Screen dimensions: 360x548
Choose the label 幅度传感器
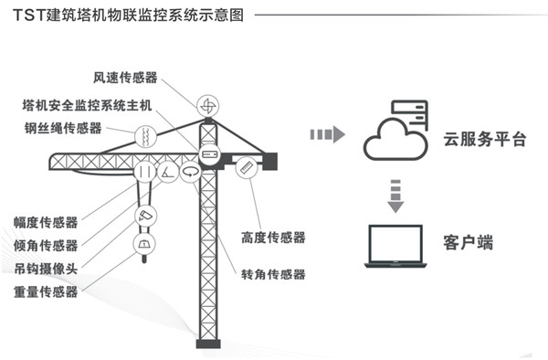(x=46, y=221)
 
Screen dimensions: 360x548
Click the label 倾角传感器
(x=46, y=245)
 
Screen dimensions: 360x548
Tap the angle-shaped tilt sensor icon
(x=168, y=171)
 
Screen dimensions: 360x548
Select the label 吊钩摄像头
(x=46, y=269)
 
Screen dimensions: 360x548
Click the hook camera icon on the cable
(x=145, y=216)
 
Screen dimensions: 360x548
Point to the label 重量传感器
(x=46, y=292)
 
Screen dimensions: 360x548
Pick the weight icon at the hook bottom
(x=144, y=244)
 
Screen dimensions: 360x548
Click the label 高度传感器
(x=273, y=238)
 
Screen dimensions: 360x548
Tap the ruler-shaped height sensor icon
(x=247, y=169)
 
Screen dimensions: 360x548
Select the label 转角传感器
(x=273, y=274)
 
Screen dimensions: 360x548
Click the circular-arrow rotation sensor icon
(x=191, y=171)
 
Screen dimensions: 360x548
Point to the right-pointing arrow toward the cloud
(x=326, y=135)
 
